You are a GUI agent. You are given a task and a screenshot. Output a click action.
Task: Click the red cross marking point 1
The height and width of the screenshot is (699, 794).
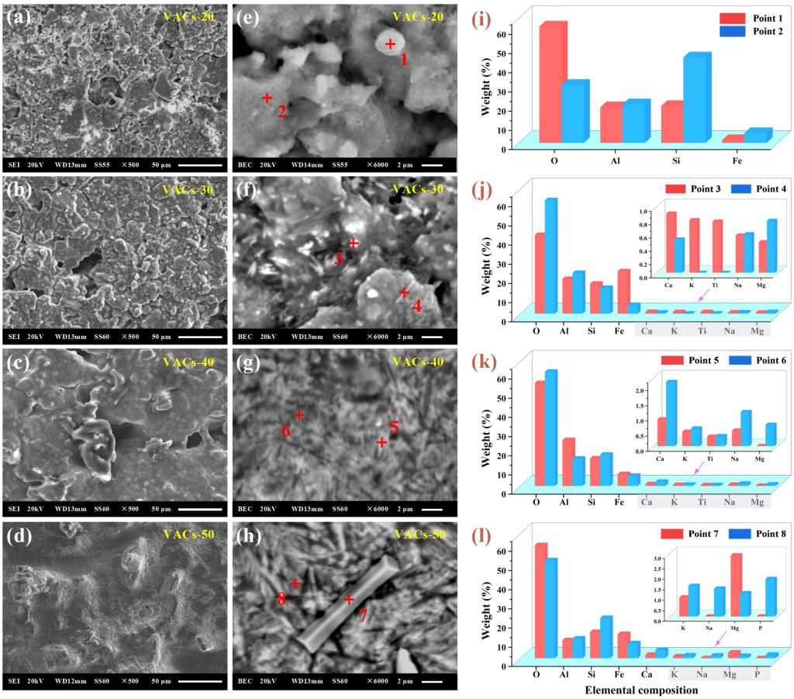click(x=390, y=44)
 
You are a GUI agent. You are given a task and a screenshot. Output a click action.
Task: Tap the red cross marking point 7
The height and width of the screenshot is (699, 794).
click(x=349, y=599)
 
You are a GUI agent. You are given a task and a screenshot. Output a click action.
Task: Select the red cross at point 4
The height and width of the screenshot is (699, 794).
click(x=403, y=292)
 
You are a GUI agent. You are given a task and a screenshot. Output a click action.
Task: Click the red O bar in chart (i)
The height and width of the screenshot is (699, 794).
click(x=550, y=83)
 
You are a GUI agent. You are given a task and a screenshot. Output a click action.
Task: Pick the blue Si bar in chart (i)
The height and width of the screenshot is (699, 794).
click(x=694, y=99)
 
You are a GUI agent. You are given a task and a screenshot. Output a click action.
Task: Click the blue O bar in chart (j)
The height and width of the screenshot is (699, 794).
click(x=551, y=256)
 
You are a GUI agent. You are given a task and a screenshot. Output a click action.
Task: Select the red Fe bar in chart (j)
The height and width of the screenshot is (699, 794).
click(x=623, y=291)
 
